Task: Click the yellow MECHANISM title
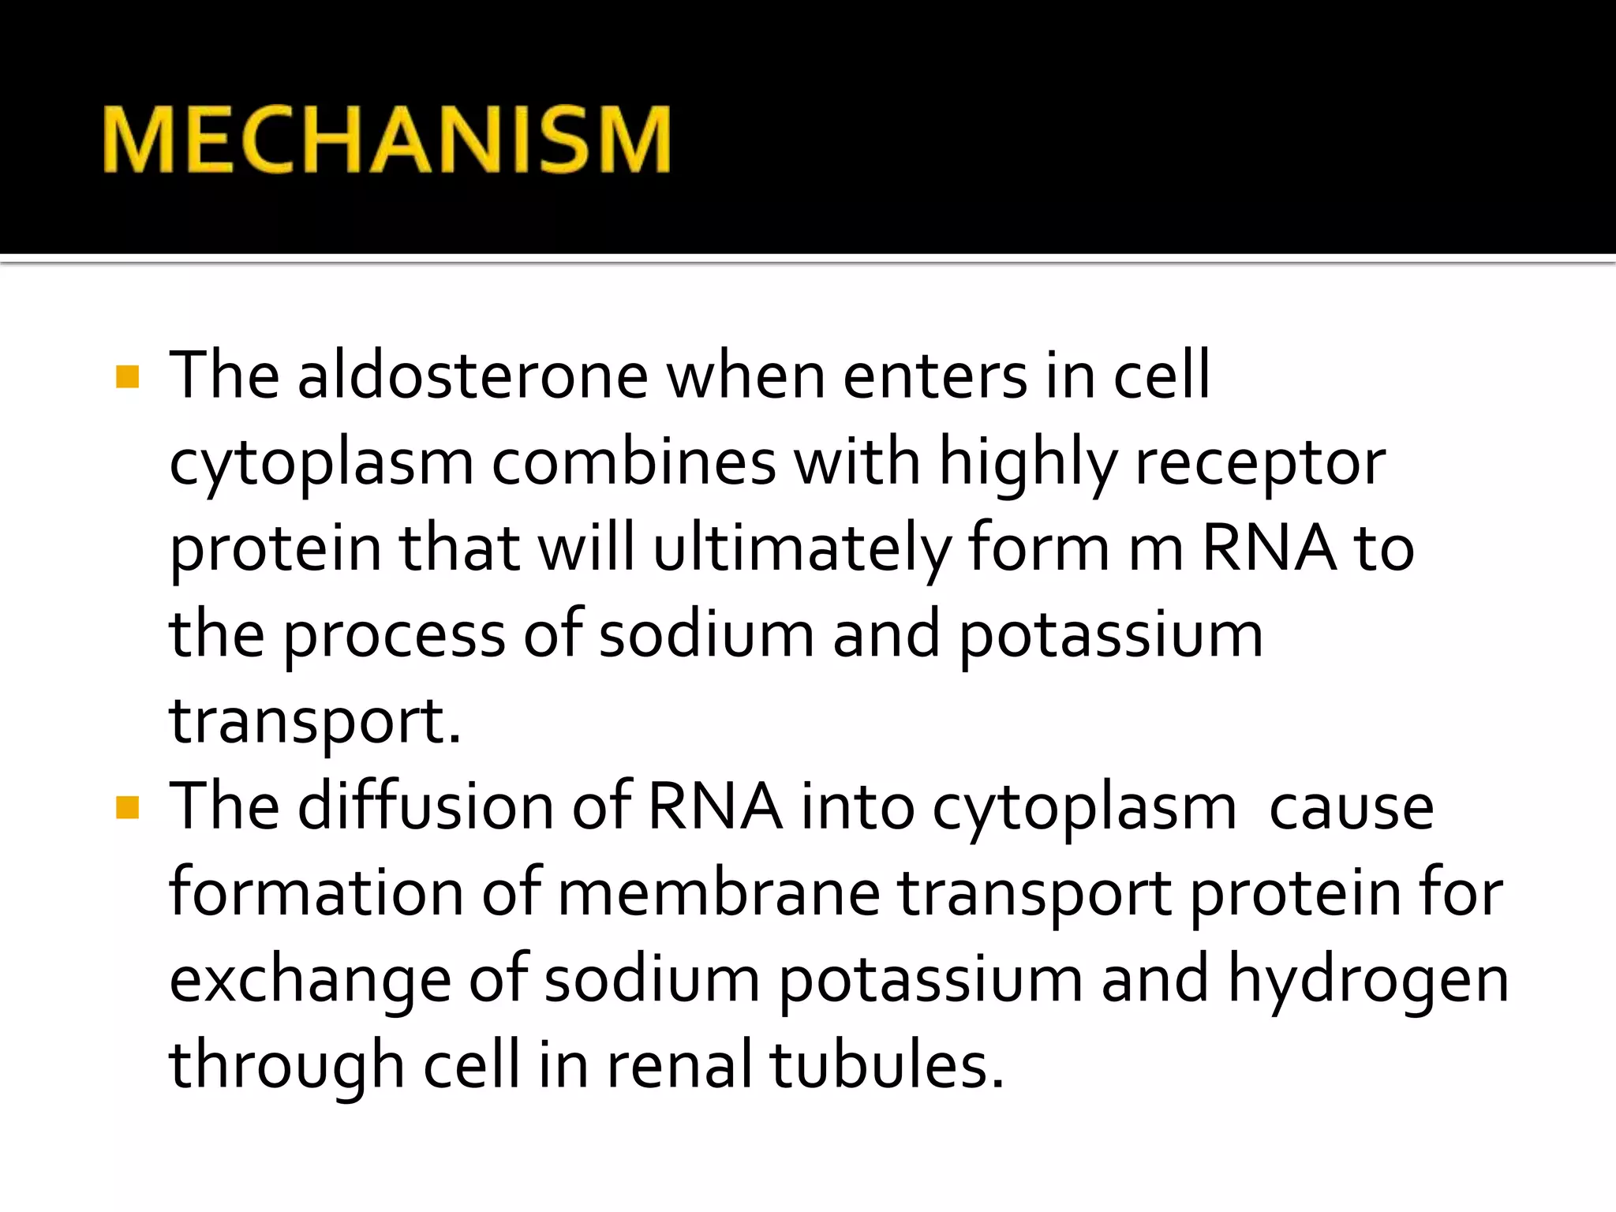click(387, 140)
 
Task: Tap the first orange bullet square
click(127, 376)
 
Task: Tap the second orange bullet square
click(127, 808)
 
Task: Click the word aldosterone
click(473, 376)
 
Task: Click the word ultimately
click(802, 549)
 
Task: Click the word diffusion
click(425, 806)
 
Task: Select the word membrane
click(719, 893)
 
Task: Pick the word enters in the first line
click(934, 376)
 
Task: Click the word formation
click(316, 893)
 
